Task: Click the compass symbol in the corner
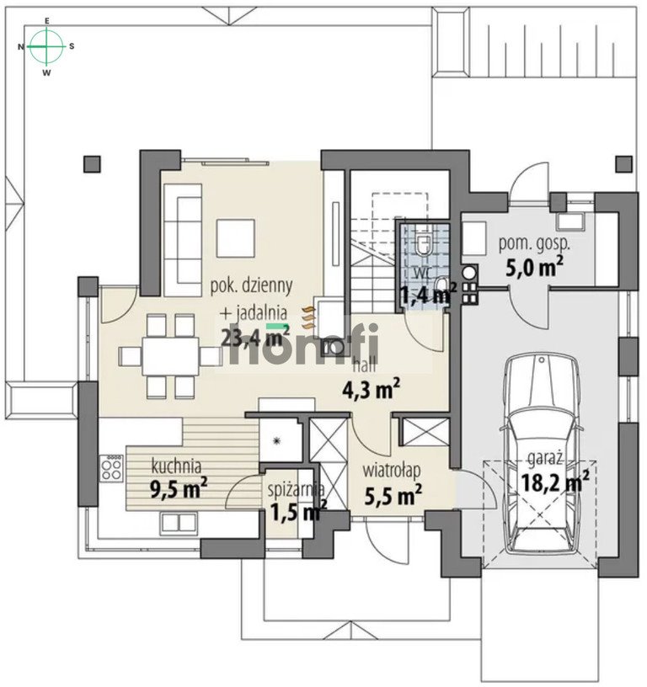(47, 46)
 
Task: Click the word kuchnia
(175, 464)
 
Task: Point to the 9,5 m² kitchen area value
(179, 488)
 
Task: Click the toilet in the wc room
(425, 243)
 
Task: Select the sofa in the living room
(182, 237)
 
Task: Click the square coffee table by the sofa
(237, 238)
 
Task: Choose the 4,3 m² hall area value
(370, 389)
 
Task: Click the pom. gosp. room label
(533, 244)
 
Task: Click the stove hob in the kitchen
(111, 467)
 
